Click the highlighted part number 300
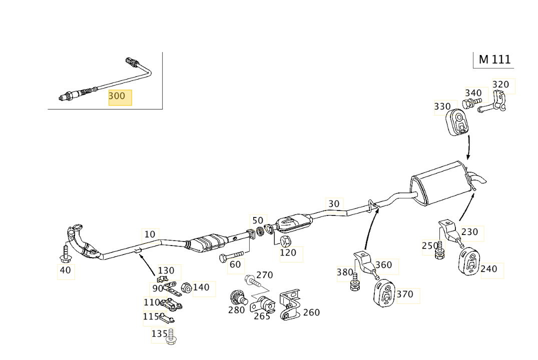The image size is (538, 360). pos(120,96)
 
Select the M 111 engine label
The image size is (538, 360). pos(494,59)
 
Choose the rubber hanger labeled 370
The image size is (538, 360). pos(384,293)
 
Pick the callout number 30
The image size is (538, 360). pos(334,204)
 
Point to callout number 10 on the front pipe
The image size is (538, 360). pos(150,234)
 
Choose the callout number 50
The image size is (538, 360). pos(257,220)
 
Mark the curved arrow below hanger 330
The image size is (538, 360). pos(469,147)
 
